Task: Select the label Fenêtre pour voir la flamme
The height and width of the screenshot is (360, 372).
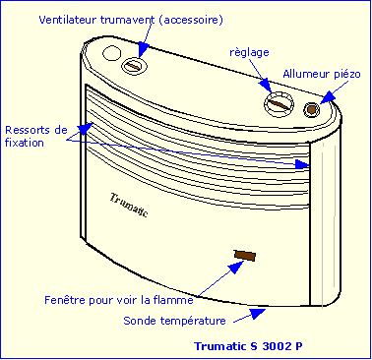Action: point(118,298)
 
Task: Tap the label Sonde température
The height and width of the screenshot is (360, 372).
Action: point(174,321)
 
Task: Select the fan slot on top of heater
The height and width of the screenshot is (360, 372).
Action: point(134,65)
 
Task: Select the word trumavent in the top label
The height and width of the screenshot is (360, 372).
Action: point(161,20)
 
